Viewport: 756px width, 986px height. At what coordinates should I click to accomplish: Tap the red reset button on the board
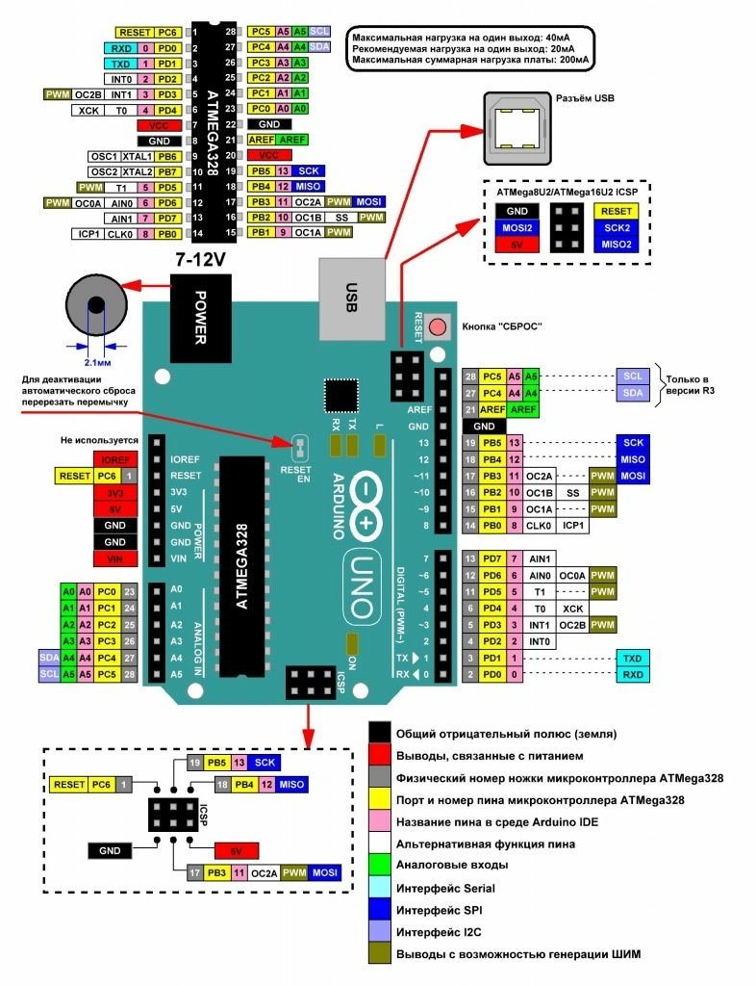[x=439, y=326]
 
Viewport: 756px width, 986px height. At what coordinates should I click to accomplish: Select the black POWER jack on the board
[x=200, y=313]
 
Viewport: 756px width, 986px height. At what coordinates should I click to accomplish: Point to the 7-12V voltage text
[x=200, y=261]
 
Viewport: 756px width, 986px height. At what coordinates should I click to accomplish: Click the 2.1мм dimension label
[x=96, y=363]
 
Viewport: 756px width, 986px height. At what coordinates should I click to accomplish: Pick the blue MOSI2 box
[x=517, y=227]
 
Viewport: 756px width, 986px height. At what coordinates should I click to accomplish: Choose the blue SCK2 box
[x=617, y=227]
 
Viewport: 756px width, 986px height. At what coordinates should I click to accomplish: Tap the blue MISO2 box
[x=617, y=245]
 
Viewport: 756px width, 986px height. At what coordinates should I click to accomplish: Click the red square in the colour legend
[x=380, y=756]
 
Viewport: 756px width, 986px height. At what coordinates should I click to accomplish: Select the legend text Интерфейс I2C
[x=446, y=911]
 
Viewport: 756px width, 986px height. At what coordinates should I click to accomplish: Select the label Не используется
[x=100, y=439]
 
